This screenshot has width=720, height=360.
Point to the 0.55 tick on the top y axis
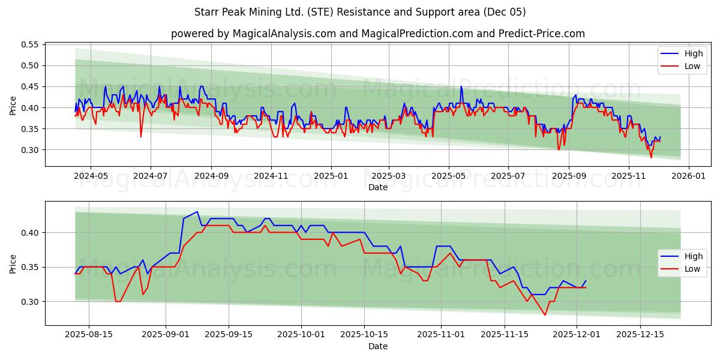pyautogui.click(x=30, y=44)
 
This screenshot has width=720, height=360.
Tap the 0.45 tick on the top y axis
pyautogui.click(x=30, y=86)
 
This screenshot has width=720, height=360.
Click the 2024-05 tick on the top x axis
pyautogui.click(x=91, y=176)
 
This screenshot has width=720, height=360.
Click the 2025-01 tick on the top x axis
pyautogui.click(x=331, y=176)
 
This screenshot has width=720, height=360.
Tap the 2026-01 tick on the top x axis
pyautogui.click(x=688, y=176)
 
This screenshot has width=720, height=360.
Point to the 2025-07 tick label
pyautogui.click(x=508, y=176)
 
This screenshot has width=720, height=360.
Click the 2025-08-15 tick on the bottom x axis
pyautogui.click(x=89, y=335)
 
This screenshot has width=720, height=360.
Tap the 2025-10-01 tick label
pyautogui.click(x=302, y=335)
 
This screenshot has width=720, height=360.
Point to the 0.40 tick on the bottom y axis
pyautogui.click(x=30, y=233)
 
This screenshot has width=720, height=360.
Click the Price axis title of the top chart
pyautogui.click(x=13, y=106)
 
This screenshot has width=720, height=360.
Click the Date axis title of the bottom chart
pyautogui.click(x=378, y=346)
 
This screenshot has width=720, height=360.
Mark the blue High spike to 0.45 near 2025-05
pyautogui.click(x=461, y=87)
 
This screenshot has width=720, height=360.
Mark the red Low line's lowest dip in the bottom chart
pyautogui.click(x=545, y=315)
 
